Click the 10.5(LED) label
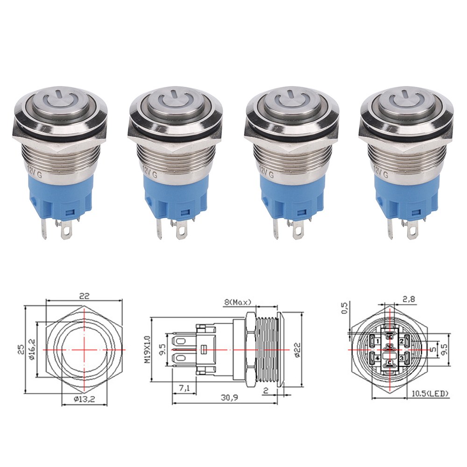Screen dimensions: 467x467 pyautogui.click(x=431, y=394)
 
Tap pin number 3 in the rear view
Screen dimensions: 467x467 pyautogui.click(x=401, y=358)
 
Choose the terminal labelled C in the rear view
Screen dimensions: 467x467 pyautogui.click(x=389, y=362)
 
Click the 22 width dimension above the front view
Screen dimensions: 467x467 pyautogui.click(x=85, y=295)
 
